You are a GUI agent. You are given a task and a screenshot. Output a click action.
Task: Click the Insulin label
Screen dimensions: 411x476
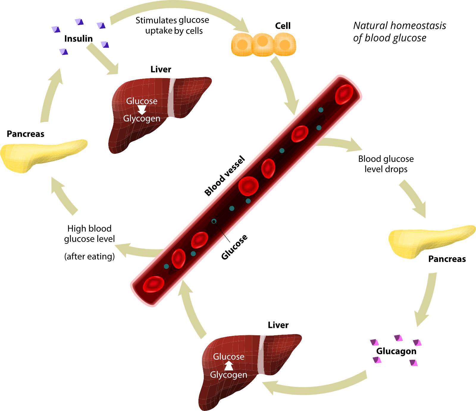pyautogui.click(x=78, y=39)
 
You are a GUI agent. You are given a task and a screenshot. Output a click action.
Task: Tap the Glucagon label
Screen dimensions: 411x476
pyautogui.click(x=396, y=351)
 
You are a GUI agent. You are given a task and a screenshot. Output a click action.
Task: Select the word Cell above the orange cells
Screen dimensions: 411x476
pyautogui.click(x=283, y=26)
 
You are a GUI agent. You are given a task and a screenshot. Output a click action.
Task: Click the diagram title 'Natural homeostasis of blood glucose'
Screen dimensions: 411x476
pyautogui.click(x=399, y=32)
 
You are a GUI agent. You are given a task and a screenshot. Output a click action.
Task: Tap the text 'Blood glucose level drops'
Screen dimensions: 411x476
pyautogui.click(x=386, y=164)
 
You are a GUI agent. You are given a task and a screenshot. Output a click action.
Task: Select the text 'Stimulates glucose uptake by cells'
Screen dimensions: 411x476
pyautogui.click(x=173, y=25)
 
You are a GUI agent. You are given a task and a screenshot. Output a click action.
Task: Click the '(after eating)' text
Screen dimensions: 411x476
pyautogui.click(x=90, y=256)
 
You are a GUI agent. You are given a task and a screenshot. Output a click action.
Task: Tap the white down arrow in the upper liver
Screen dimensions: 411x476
pyautogui.click(x=142, y=110)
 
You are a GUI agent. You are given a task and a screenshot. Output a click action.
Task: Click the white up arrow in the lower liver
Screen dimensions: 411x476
pyautogui.click(x=228, y=365)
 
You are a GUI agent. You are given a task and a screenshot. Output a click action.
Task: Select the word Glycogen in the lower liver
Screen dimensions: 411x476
pyautogui.click(x=228, y=375)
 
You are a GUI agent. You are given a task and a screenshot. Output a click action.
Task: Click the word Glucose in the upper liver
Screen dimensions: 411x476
pyautogui.click(x=142, y=101)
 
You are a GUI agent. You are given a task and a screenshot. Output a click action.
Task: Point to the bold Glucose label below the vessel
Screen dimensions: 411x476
pyautogui.click(x=234, y=247)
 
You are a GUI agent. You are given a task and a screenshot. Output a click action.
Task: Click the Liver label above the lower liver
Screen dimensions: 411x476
pyautogui.click(x=278, y=325)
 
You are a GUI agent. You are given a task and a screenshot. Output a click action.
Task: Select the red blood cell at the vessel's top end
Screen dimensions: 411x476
pyautogui.click(x=344, y=94)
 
